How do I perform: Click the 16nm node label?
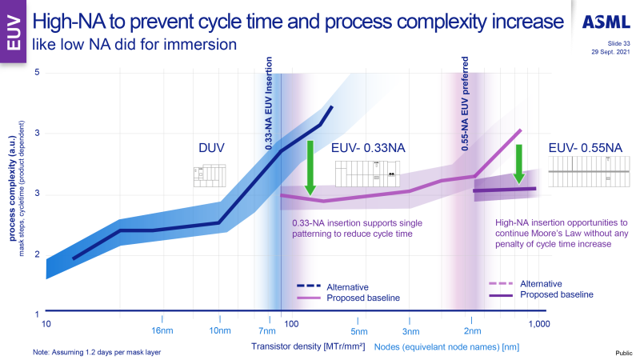[162, 331]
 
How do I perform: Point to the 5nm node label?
[360, 331]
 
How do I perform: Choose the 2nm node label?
[473, 331]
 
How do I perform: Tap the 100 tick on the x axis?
[291, 323]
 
